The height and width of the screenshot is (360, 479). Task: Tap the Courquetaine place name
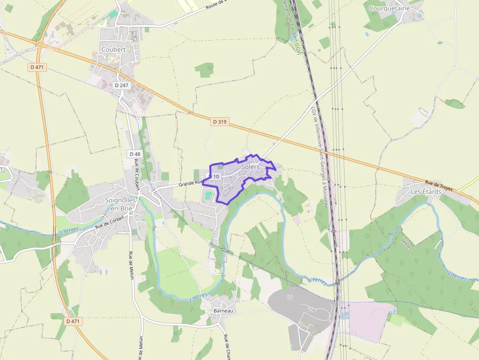point(389,8)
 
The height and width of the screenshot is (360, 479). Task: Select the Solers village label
point(250,167)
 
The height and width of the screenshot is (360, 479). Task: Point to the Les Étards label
point(425,191)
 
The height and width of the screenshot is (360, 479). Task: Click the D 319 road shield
point(220,122)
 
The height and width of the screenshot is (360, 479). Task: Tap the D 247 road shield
point(121,85)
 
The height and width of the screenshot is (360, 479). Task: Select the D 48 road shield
point(134,154)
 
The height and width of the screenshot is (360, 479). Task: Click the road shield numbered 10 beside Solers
point(216,176)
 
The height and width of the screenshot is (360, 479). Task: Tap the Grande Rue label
point(190,183)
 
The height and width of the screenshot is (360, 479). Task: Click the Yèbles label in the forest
point(406,244)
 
